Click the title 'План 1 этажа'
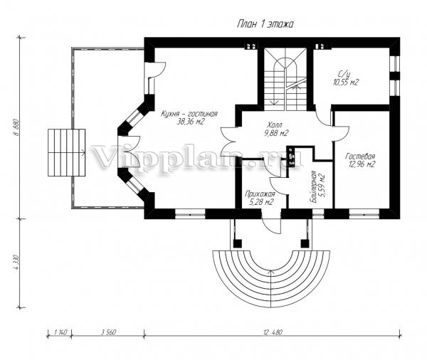[265, 24]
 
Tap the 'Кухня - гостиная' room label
[189, 114]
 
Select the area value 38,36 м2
[190, 122]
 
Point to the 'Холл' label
[275, 125]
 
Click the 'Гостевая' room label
[360, 157]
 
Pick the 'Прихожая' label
[260, 194]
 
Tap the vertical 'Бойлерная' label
[313, 187]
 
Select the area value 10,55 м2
[346, 82]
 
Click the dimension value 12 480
[273, 332]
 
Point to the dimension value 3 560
[109, 332]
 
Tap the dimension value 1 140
[60, 332]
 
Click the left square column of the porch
[238, 243]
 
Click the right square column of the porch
[305, 243]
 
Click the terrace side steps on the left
[66, 152]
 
